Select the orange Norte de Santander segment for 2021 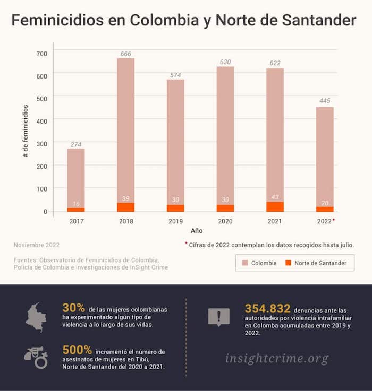[x=275, y=206]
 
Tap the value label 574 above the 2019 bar [x=175, y=75]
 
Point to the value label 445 [x=325, y=101]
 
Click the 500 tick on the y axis [x=42, y=98]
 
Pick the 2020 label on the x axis [x=225, y=221]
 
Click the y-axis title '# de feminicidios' [x=26, y=131]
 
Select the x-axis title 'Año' [x=197, y=231]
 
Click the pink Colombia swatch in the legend [x=244, y=263]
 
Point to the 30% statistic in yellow [x=74, y=308]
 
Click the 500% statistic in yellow [x=77, y=350]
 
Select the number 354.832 [x=267, y=309]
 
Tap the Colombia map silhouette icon [x=36, y=317]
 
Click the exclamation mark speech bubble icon [x=218, y=317]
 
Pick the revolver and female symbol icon [x=36, y=357]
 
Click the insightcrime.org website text [x=276, y=358]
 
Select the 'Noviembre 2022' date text [x=37, y=245]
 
